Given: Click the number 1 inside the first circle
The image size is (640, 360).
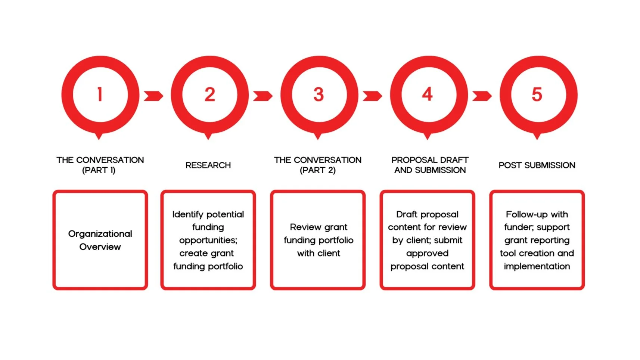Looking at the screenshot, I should point(100,94).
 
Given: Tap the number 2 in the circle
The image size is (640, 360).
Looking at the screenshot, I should point(209,94).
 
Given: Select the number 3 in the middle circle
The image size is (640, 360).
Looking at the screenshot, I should point(319,94).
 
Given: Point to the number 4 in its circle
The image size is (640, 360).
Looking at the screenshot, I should point(428,94).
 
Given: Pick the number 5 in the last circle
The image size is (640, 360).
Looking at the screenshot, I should point(537,94).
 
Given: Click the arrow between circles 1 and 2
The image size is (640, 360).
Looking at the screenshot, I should point(153,96).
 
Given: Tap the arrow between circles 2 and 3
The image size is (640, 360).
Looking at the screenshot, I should point(262,96).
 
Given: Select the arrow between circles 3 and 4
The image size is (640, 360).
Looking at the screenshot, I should point(372,96).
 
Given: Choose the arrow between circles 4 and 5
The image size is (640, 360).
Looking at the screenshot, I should point(482,96).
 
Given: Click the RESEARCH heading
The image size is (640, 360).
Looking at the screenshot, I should point(208,165).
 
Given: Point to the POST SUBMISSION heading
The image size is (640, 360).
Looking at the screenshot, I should point(537,165).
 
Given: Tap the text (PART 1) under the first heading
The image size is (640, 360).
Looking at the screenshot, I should point(99,170).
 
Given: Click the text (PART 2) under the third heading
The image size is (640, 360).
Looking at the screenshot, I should point(318,170).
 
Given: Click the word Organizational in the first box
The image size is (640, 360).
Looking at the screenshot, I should point(100,234).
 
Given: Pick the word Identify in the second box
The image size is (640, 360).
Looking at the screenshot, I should point(188,215).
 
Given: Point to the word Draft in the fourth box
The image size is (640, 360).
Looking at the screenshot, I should point(406,214).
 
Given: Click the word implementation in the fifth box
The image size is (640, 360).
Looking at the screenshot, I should point(537,266).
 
